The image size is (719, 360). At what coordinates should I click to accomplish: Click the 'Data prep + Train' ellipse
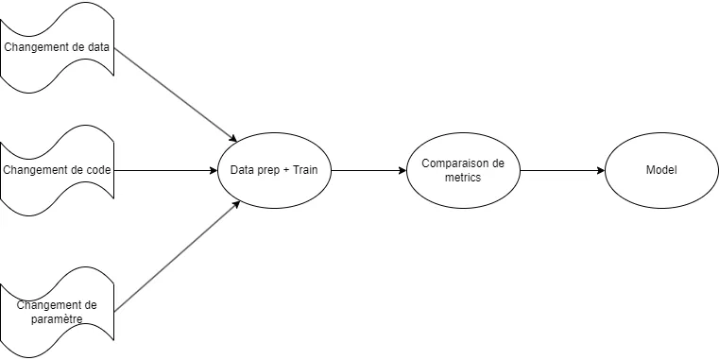tap(275, 171)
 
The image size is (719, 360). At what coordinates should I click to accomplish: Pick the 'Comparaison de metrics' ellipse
tap(463, 171)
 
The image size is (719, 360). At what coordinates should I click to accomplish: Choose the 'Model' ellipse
tap(661, 171)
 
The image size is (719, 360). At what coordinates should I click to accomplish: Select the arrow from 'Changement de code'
tap(165, 171)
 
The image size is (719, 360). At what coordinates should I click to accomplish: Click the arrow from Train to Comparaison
tap(368, 171)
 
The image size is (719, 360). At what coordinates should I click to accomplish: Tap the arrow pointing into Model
tap(562, 171)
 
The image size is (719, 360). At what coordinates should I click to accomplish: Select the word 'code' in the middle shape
tap(98, 171)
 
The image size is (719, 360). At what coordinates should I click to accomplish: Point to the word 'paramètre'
tap(57, 319)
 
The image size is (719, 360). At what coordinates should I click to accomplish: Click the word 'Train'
tap(305, 171)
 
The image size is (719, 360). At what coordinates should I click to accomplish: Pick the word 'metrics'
tap(463, 178)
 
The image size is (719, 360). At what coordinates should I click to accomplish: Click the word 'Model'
tap(661, 171)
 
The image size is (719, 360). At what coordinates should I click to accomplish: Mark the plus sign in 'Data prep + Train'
tap(284, 171)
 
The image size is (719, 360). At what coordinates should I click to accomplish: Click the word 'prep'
tap(265, 172)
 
